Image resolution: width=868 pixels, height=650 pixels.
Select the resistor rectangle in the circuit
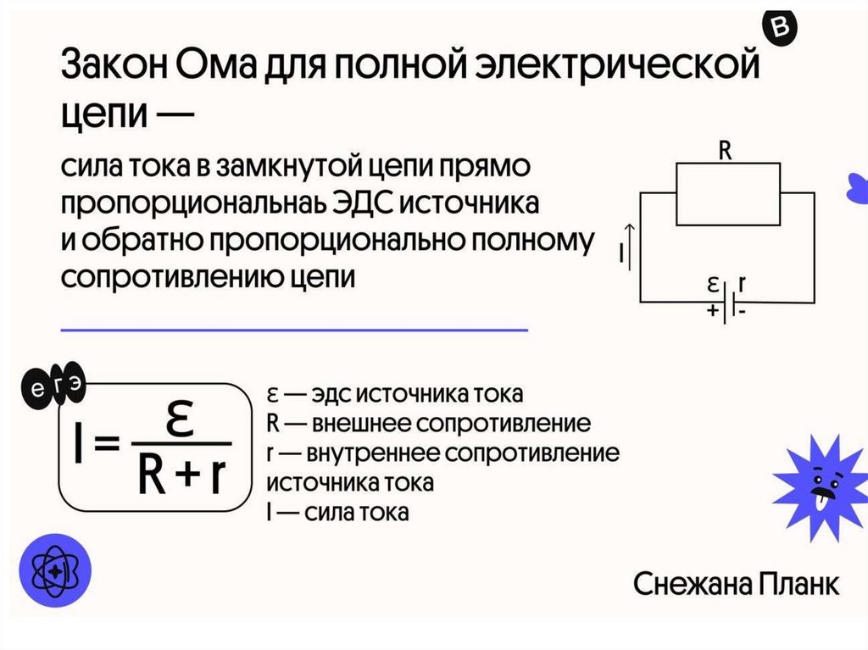click(727, 193)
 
